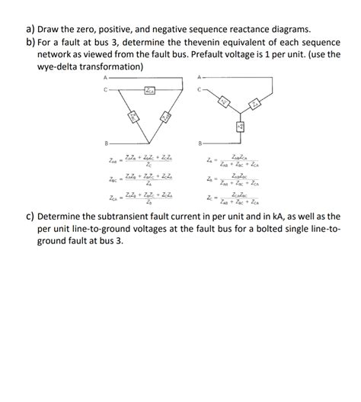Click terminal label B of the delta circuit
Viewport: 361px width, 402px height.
[106, 143]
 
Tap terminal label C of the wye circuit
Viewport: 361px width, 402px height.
[200, 88]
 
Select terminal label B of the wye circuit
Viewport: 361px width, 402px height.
[200, 143]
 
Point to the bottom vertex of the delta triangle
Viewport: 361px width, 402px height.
[149, 143]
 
